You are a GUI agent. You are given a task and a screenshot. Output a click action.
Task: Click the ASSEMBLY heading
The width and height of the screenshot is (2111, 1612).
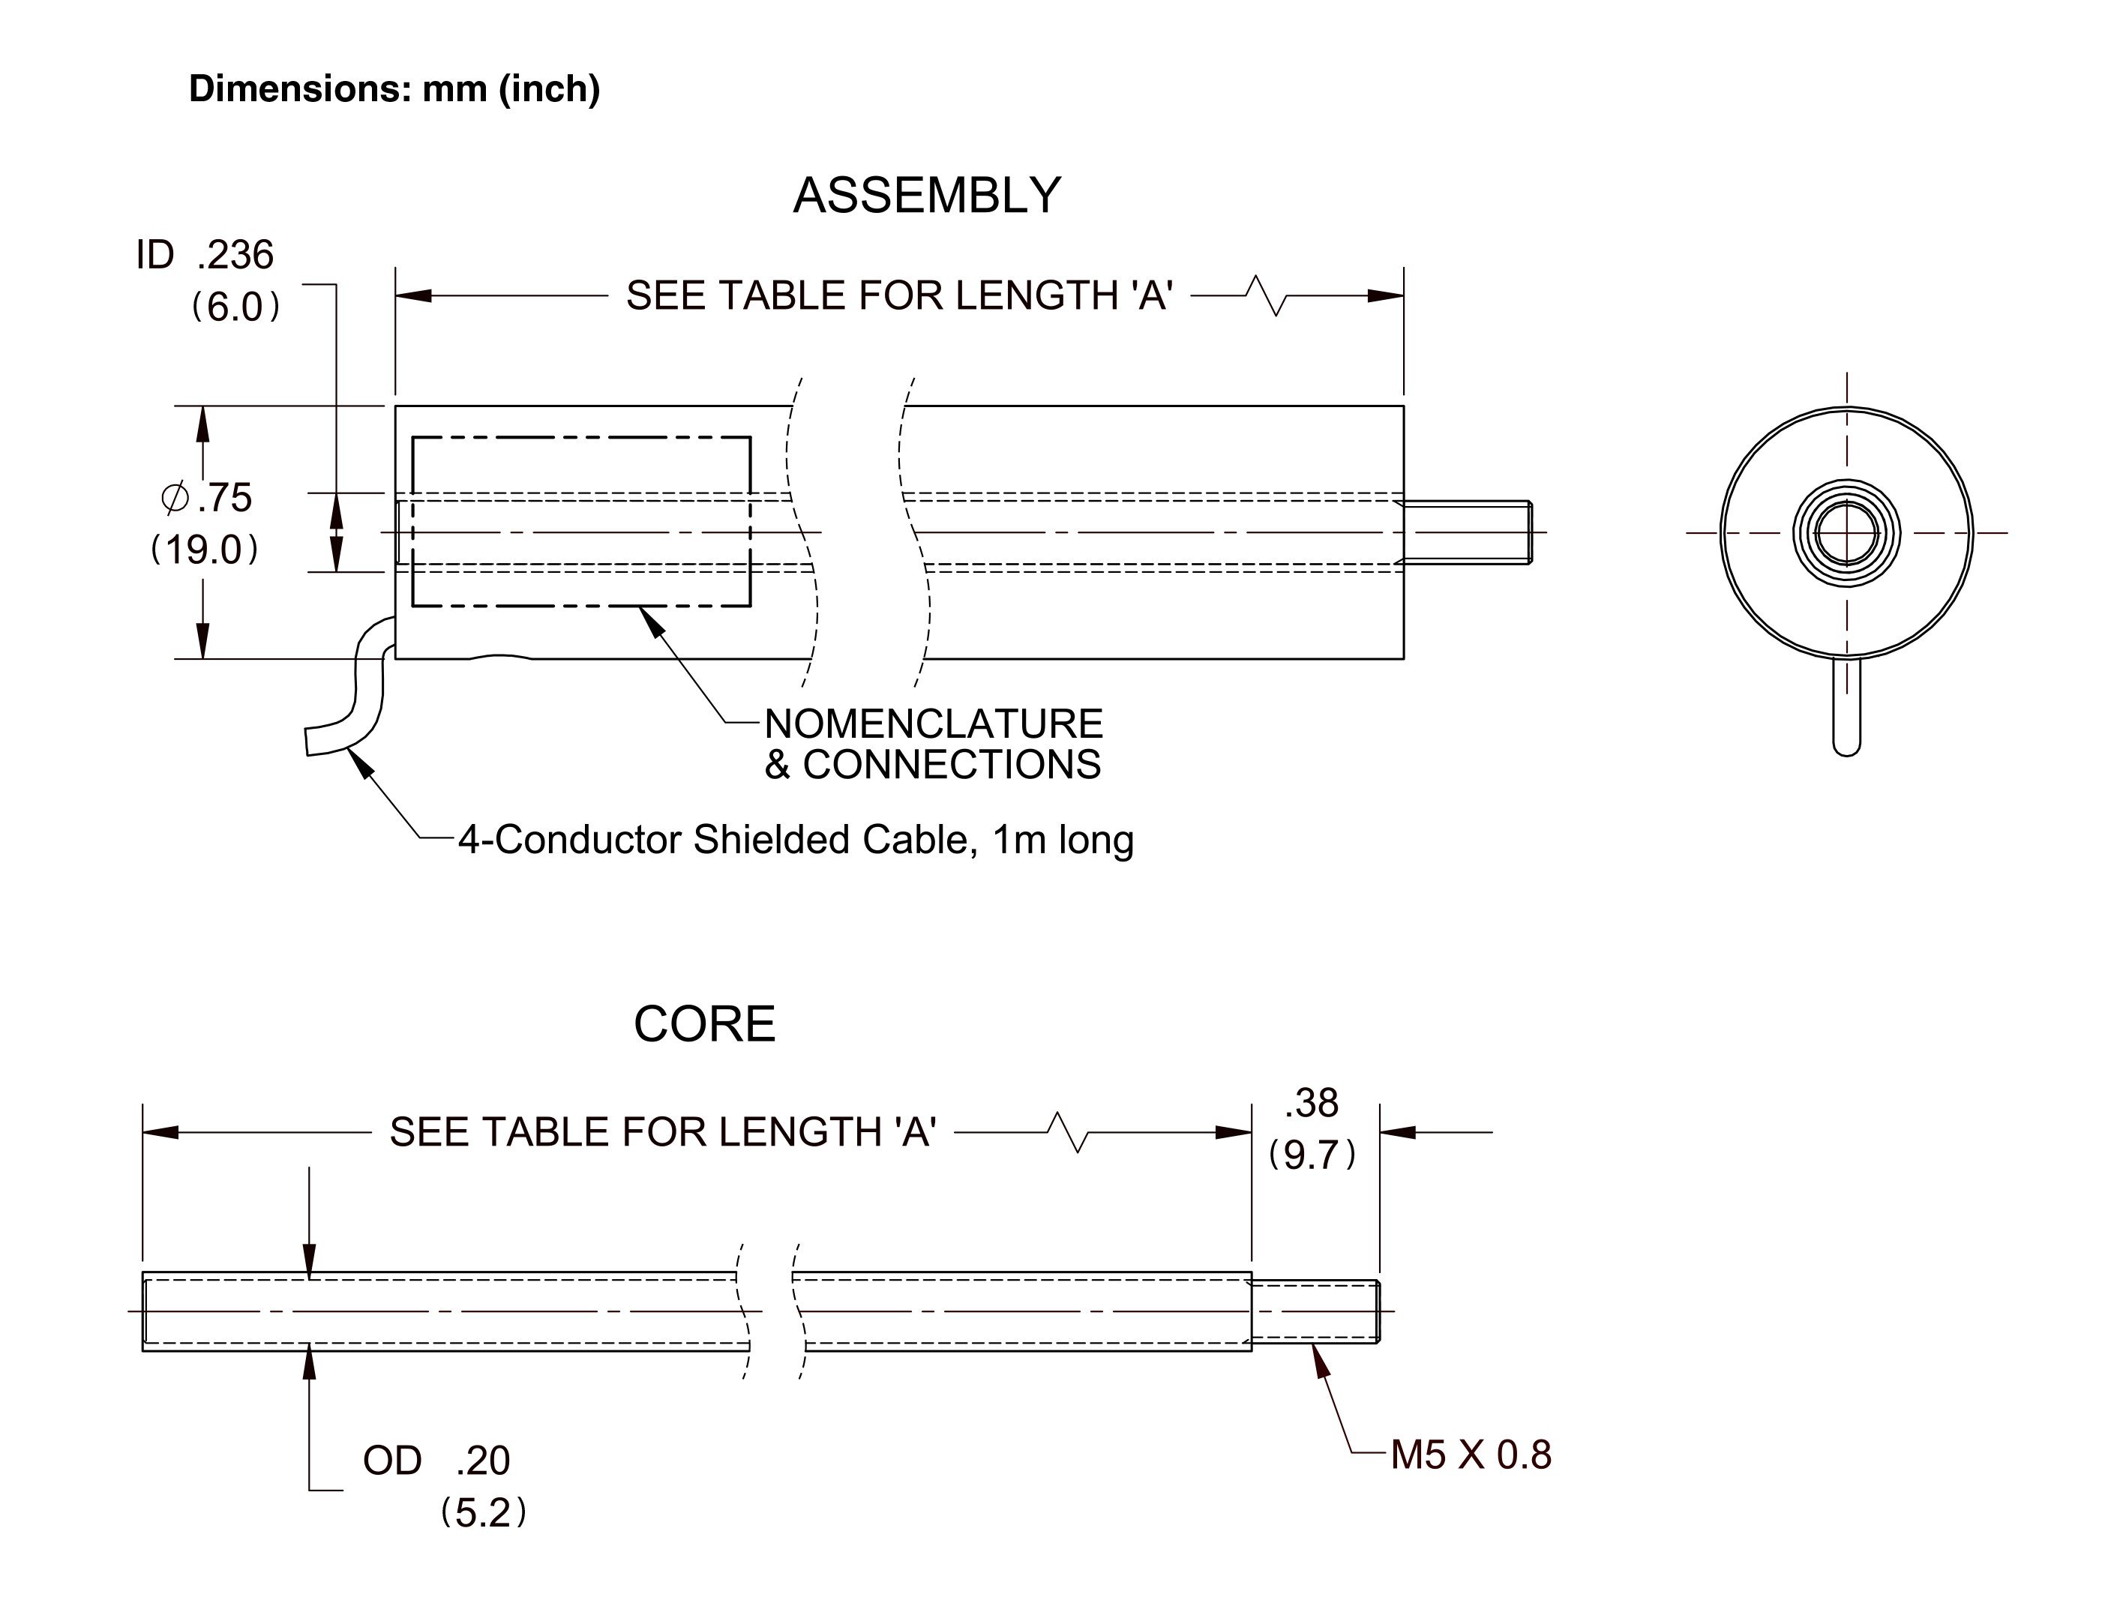[927, 196]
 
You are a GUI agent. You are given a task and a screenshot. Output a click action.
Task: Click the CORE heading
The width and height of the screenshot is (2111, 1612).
[704, 1025]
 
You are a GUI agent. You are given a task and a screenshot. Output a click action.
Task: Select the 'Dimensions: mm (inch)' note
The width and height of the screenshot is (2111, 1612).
[394, 89]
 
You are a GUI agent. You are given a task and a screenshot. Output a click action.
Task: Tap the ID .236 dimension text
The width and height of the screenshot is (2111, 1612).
[205, 255]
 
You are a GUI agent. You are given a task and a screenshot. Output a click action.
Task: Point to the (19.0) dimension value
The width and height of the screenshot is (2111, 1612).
[205, 550]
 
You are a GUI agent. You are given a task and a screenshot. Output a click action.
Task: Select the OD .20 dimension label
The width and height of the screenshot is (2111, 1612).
[436, 1461]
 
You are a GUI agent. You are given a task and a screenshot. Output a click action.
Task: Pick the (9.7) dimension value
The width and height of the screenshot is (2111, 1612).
[1312, 1155]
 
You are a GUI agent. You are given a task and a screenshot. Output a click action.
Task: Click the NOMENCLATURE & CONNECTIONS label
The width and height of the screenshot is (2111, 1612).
[934, 745]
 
